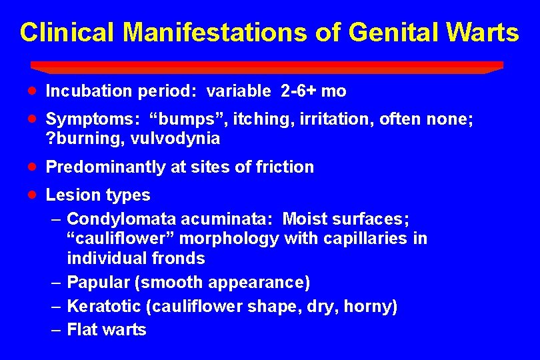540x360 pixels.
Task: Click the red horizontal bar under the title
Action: (267, 66)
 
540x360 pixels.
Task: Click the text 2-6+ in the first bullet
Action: (302, 91)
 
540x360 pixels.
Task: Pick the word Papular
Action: (98, 282)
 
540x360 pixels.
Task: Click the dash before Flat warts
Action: (56, 329)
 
